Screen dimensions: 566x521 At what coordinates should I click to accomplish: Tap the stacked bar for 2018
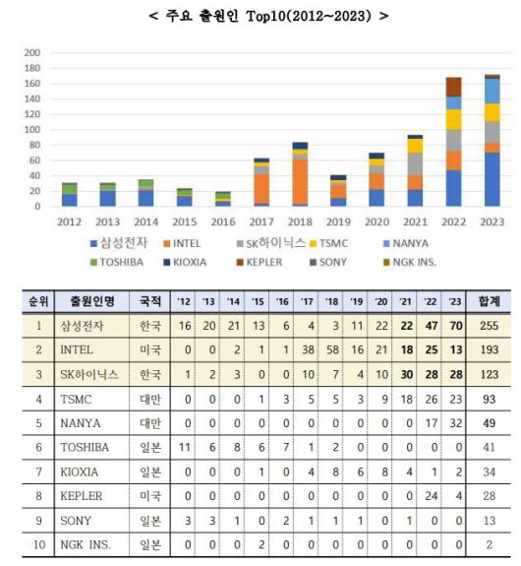click(300, 174)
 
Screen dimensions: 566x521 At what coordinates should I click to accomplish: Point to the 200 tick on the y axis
click(31, 52)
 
